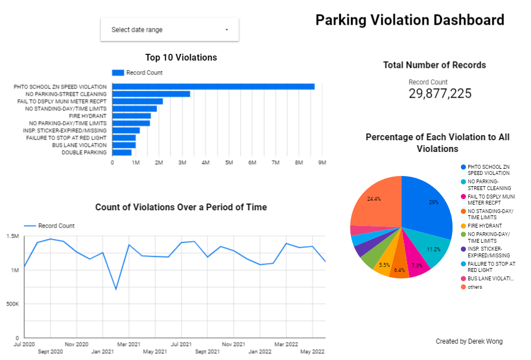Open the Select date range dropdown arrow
pyautogui.click(x=227, y=30)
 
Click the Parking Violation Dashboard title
pyautogui.click(x=409, y=20)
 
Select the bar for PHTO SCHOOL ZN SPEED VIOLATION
pyautogui.click(x=213, y=86)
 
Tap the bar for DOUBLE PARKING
pyautogui.click(x=122, y=153)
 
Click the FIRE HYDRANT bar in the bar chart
pyautogui.click(x=131, y=116)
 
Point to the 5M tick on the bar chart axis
pyautogui.click(x=229, y=163)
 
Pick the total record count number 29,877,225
pyautogui.click(x=440, y=94)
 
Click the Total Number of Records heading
pyautogui.click(x=435, y=65)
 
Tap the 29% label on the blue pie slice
pyautogui.click(x=433, y=202)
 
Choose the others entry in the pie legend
pyautogui.click(x=474, y=287)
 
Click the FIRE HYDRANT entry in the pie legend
pyautogui.click(x=484, y=226)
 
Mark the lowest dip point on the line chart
pyautogui.click(x=116, y=289)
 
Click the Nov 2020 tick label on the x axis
pyautogui.click(x=77, y=344)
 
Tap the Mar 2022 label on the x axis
pyautogui.click(x=287, y=344)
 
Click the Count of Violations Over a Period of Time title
pyautogui.click(x=181, y=207)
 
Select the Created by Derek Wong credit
pyautogui.click(x=469, y=341)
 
